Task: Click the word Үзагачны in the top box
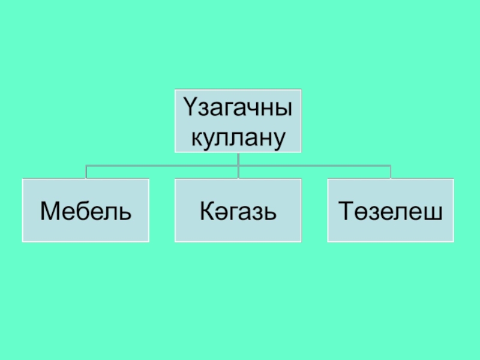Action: (x=238, y=111)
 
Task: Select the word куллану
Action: (x=238, y=137)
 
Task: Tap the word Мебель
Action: (x=85, y=211)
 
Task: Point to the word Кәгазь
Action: (x=238, y=211)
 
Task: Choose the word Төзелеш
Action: (x=390, y=211)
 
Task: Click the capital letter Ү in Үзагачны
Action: (x=190, y=111)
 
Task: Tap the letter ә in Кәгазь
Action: (x=217, y=212)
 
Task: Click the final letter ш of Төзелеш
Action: (x=434, y=212)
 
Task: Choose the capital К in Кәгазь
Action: (x=205, y=211)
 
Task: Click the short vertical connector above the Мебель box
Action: (x=86, y=172)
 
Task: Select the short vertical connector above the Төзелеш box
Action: (x=391, y=172)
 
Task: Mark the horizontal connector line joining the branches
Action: (x=162, y=166)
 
